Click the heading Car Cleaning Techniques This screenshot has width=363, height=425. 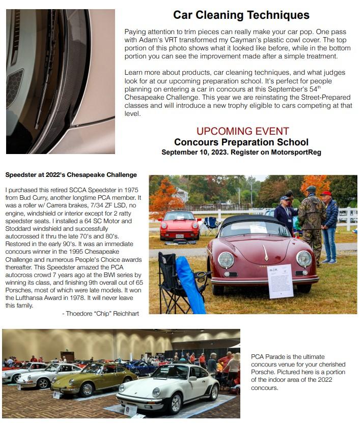click(x=241, y=15)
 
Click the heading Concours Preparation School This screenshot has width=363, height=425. click(x=241, y=142)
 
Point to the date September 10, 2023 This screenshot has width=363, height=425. click(x=191, y=152)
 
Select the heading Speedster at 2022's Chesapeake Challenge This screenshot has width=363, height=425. click(x=71, y=175)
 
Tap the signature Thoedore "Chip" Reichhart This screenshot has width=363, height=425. click(x=100, y=314)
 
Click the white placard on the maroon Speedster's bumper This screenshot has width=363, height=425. click(x=280, y=281)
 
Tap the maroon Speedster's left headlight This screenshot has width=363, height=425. click(x=226, y=260)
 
